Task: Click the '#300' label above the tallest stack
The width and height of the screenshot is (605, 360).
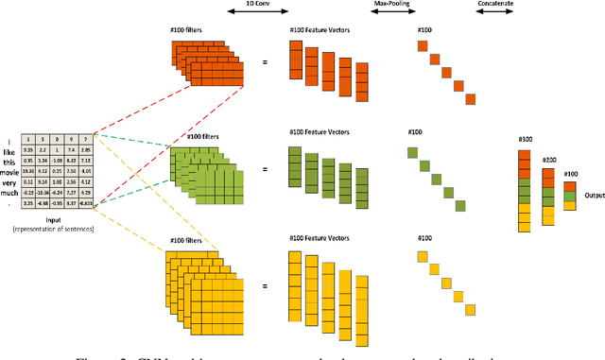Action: click(526, 140)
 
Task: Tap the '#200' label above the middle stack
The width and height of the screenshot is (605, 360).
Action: click(548, 160)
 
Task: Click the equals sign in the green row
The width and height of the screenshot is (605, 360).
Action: click(265, 170)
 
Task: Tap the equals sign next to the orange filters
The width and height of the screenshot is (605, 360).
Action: click(265, 63)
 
